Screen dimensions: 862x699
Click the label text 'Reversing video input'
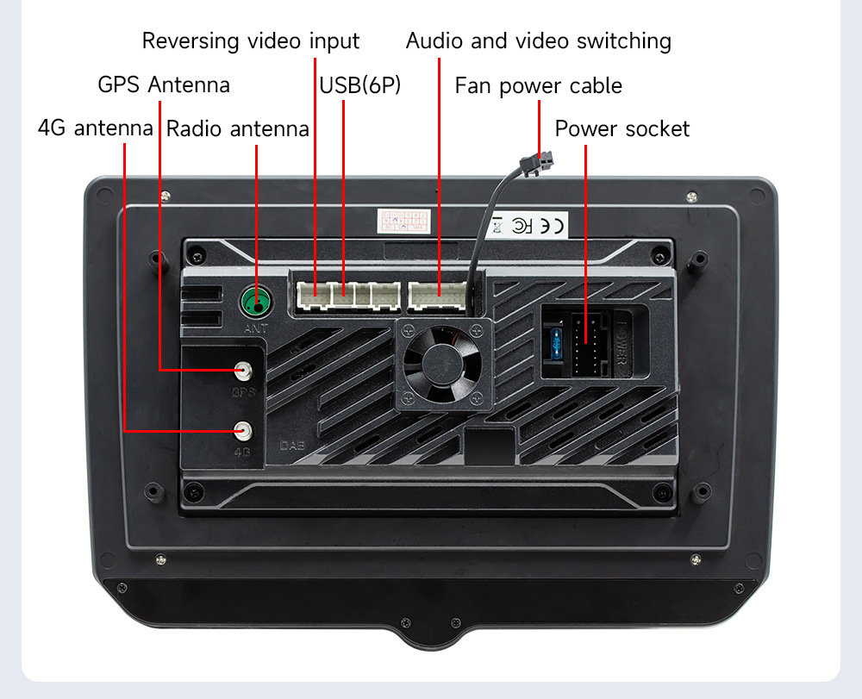(251, 41)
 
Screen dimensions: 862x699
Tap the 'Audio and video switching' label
(538, 41)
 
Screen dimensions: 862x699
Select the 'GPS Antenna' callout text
(164, 84)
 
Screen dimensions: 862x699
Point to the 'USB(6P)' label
(360, 85)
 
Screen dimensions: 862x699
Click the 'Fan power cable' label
(538, 85)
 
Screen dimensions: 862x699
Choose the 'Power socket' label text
(622, 129)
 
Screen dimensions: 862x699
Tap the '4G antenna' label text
(95, 128)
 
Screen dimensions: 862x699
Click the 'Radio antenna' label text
(237, 129)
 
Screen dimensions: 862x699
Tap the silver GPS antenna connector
(245, 371)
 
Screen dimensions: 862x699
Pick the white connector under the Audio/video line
(439, 295)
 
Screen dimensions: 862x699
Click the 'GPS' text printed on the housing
(245, 392)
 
